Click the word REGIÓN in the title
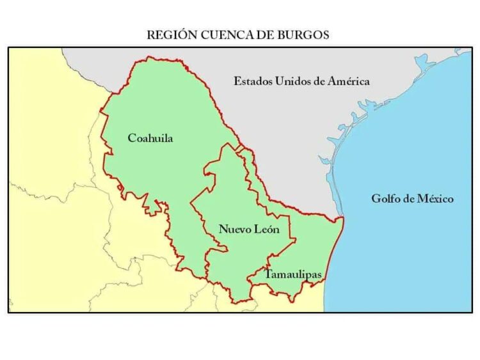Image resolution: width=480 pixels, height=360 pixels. (168, 35)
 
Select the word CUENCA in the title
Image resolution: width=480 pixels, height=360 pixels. (220, 35)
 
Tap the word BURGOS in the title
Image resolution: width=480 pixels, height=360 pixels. (303, 35)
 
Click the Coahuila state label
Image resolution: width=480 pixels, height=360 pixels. (150, 138)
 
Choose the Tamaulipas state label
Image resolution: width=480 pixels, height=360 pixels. (293, 274)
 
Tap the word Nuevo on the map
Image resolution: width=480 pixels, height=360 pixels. (233, 229)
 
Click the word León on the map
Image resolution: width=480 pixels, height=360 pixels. (265, 229)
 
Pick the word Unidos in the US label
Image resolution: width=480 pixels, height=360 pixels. (294, 81)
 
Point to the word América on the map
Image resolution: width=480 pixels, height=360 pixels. (348, 81)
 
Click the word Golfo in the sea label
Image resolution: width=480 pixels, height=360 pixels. (386, 199)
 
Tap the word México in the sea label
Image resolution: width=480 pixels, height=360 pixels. (435, 199)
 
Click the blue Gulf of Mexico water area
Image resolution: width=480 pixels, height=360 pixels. (410, 256)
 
